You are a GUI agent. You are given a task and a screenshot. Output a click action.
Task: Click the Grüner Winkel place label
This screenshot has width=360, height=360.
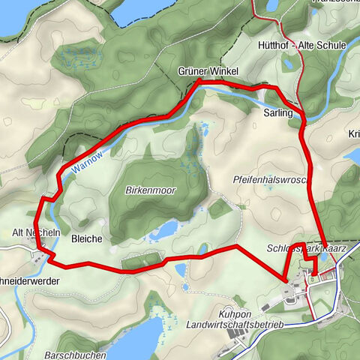208,71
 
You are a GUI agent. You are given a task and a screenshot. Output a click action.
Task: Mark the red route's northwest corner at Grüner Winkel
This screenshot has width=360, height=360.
199,80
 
